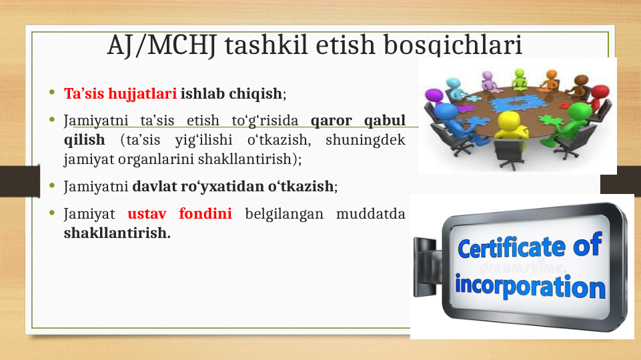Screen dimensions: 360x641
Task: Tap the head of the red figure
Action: click(600, 92)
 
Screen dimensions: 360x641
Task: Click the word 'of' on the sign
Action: click(587, 244)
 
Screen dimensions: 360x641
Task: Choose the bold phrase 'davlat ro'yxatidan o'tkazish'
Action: click(233, 187)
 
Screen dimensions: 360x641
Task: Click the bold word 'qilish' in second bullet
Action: click(84, 140)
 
